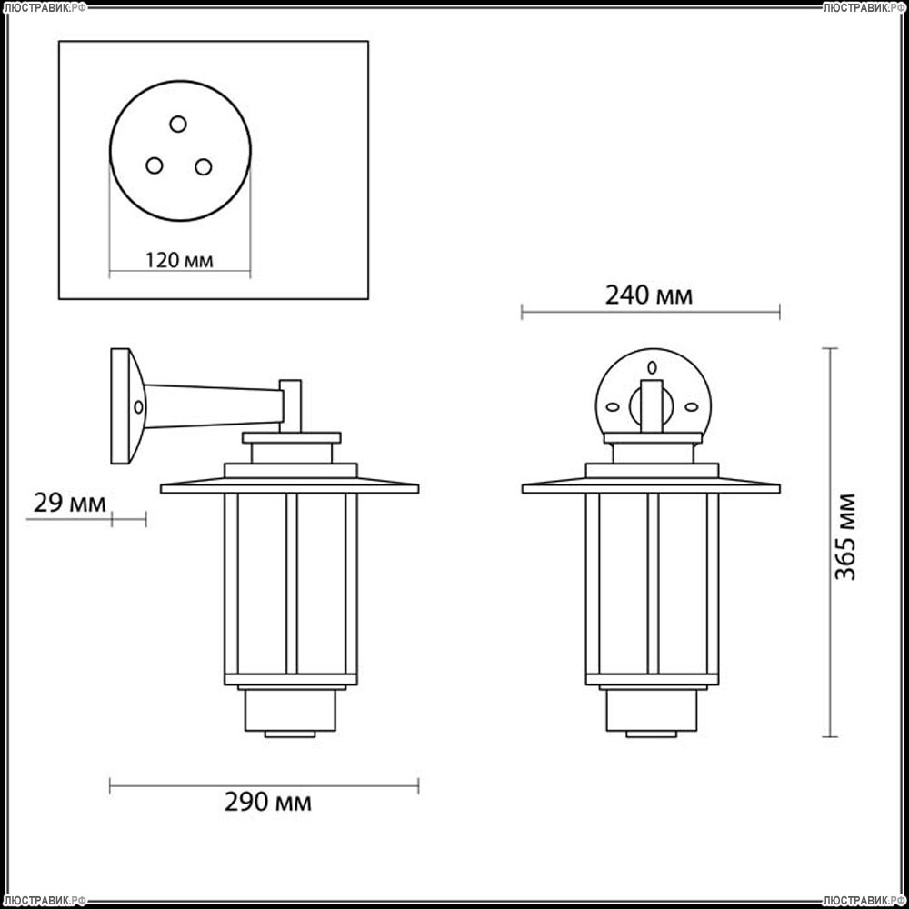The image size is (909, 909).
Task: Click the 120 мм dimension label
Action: (x=178, y=260)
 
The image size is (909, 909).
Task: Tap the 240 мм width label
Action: (x=649, y=295)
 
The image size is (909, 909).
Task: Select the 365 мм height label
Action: (x=844, y=537)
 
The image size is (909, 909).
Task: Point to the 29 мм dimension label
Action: (x=70, y=503)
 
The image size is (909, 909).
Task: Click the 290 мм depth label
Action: (x=268, y=803)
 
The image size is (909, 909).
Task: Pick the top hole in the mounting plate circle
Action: (x=178, y=124)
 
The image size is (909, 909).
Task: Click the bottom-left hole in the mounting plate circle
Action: (x=155, y=165)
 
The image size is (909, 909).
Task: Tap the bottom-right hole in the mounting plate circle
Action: (x=203, y=167)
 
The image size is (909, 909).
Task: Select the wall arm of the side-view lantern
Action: (x=214, y=405)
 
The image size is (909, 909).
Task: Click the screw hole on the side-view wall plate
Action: (x=138, y=407)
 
